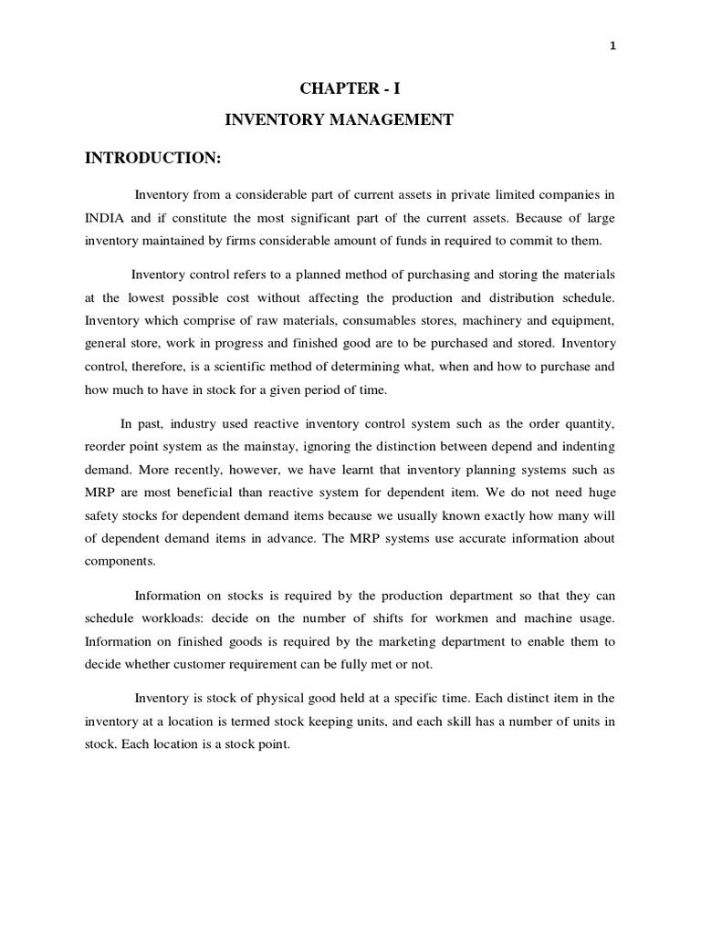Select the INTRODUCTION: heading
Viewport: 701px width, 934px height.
(153, 158)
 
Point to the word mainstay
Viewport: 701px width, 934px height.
(309, 446)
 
